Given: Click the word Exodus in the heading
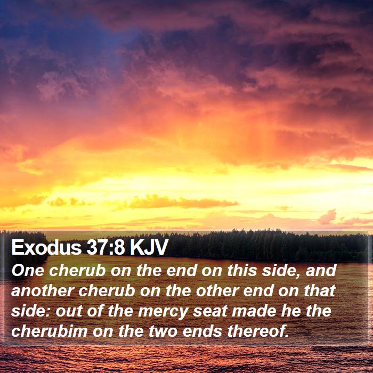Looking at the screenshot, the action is pyautogui.click(x=46, y=247).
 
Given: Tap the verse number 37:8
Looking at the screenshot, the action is pyautogui.click(x=106, y=247).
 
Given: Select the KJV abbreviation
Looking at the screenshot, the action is pyautogui.click(x=149, y=247).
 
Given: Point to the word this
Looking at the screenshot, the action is pyautogui.click(x=242, y=271).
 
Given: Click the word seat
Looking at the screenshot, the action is pyautogui.click(x=210, y=311).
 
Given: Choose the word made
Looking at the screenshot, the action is pyautogui.click(x=254, y=311).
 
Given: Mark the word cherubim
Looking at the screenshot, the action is pyautogui.click(x=50, y=331).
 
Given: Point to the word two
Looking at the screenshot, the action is pyautogui.click(x=163, y=331).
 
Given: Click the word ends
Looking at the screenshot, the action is pyautogui.click(x=202, y=331).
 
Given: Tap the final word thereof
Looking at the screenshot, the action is pyautogui.click(x=258, y=331).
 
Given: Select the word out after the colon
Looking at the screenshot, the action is pyautogui.click(x=69, y=311).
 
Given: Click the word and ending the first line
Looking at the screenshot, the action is pyautogui.click(x=321, y=271).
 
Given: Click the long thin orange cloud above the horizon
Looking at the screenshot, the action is pyautogui.click(x=183, y=202).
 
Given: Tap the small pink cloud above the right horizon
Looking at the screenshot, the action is pyautogui.click(x=327, y=217).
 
